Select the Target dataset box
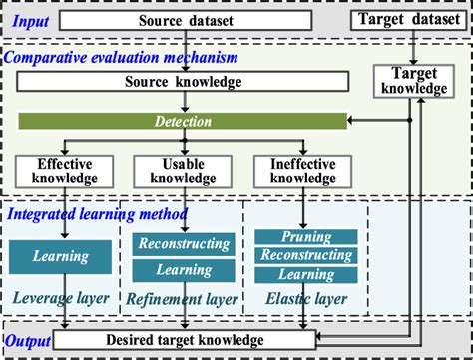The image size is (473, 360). (408, 20)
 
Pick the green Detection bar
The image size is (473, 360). (182, 120)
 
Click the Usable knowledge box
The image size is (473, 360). (182, 171)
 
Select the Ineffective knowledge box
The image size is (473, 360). (296, 171)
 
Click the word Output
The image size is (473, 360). (27, 341)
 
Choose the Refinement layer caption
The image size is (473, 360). (182, 298)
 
